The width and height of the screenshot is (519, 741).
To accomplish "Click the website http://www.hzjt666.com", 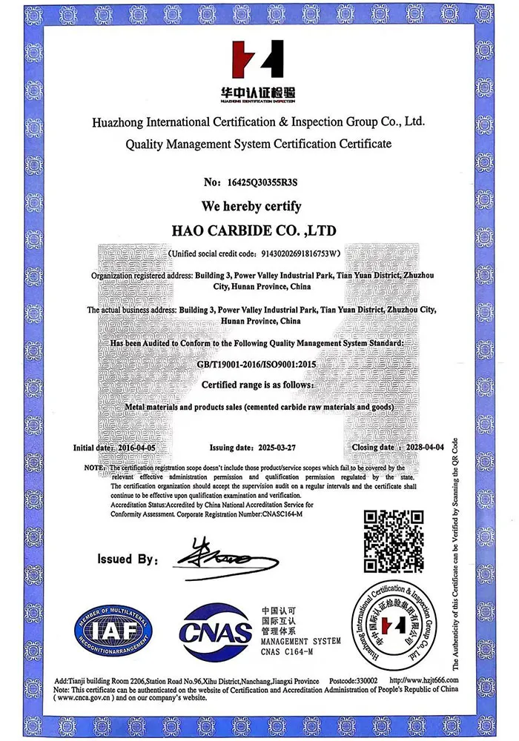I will tap(423, 680).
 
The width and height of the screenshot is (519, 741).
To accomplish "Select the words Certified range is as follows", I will tap(257, 386).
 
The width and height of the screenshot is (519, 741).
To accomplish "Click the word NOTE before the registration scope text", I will tap(93, 468).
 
